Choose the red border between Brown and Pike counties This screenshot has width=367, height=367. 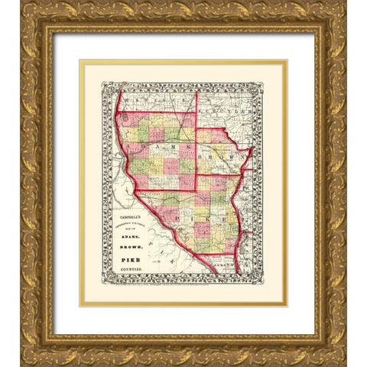[222, 175]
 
